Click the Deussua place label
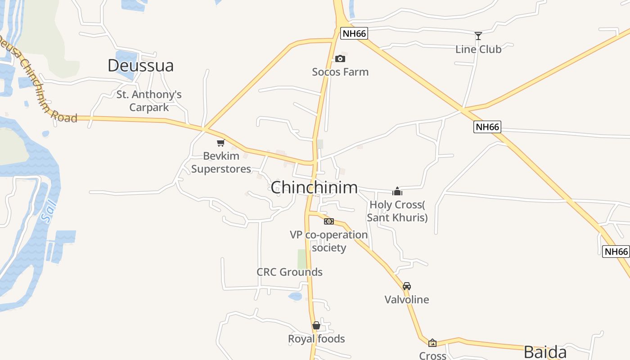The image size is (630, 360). tap(140, 66)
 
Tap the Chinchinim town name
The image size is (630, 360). tap(314, 187)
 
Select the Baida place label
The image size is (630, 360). tap(544, 351)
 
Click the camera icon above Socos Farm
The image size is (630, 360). tap(340, 58)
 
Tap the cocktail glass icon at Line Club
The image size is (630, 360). tap(478, 36)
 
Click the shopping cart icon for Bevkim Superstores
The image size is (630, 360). tap(220, 143)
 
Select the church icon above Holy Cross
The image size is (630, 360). tap(397, 191)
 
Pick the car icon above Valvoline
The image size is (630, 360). tap(406, 286)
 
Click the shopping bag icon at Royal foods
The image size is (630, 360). tap(316, 325)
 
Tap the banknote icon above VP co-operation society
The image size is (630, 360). tap(329, 221)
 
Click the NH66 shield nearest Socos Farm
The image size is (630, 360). tap(354, 33)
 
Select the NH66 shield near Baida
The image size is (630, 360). tap(615, 252)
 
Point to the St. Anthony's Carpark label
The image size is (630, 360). tap(149, 101)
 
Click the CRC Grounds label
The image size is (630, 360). tap(289, 272)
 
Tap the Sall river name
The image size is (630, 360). tap(49, 211)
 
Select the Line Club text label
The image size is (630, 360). tap(478, 49)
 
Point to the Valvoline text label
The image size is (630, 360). tap(407, 299)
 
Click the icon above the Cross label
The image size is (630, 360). tap(432, 343)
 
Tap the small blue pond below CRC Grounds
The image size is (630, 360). tap(295, 296)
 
